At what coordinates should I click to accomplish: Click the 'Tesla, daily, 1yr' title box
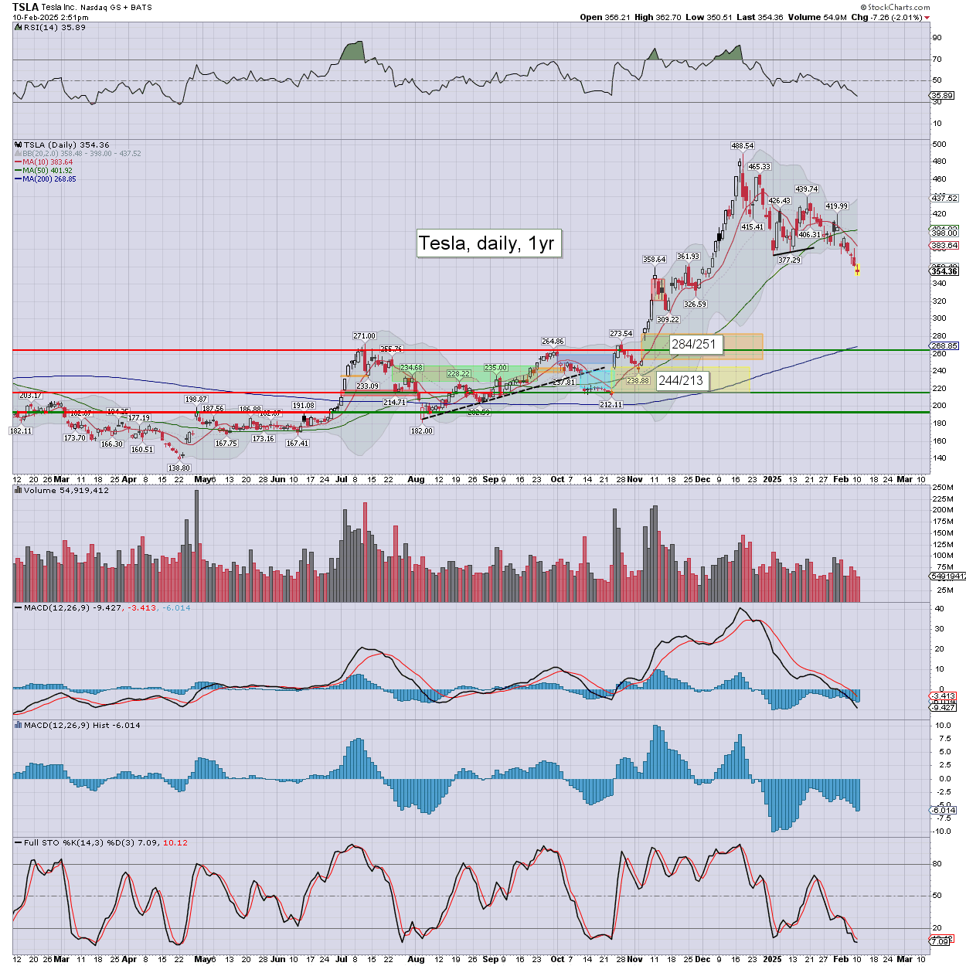click(x=487, y=243)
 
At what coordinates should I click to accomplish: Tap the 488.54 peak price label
click(x=743, y=145)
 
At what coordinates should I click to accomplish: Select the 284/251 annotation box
click(x=693, y=344)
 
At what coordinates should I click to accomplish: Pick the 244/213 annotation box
click(x=680, y=380)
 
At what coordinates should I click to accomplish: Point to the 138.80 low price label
click(x=179, y=468)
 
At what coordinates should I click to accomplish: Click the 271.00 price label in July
click(x=364, y=335)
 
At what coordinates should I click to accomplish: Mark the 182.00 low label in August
click(x=422, y=430)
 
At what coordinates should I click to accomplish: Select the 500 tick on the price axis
click(x=939, y=145)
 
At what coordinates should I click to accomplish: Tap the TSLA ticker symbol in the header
click(x=26, y=7)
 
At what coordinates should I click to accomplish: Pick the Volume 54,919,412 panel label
click(x=66, y=491)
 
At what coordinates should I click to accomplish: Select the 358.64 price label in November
click(x=655, y=260)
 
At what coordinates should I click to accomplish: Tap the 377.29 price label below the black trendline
click(x=789, y=260)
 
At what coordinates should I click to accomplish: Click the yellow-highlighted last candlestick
click(x=857, y=270)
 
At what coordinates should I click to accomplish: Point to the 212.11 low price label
click(x=611, y=404)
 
